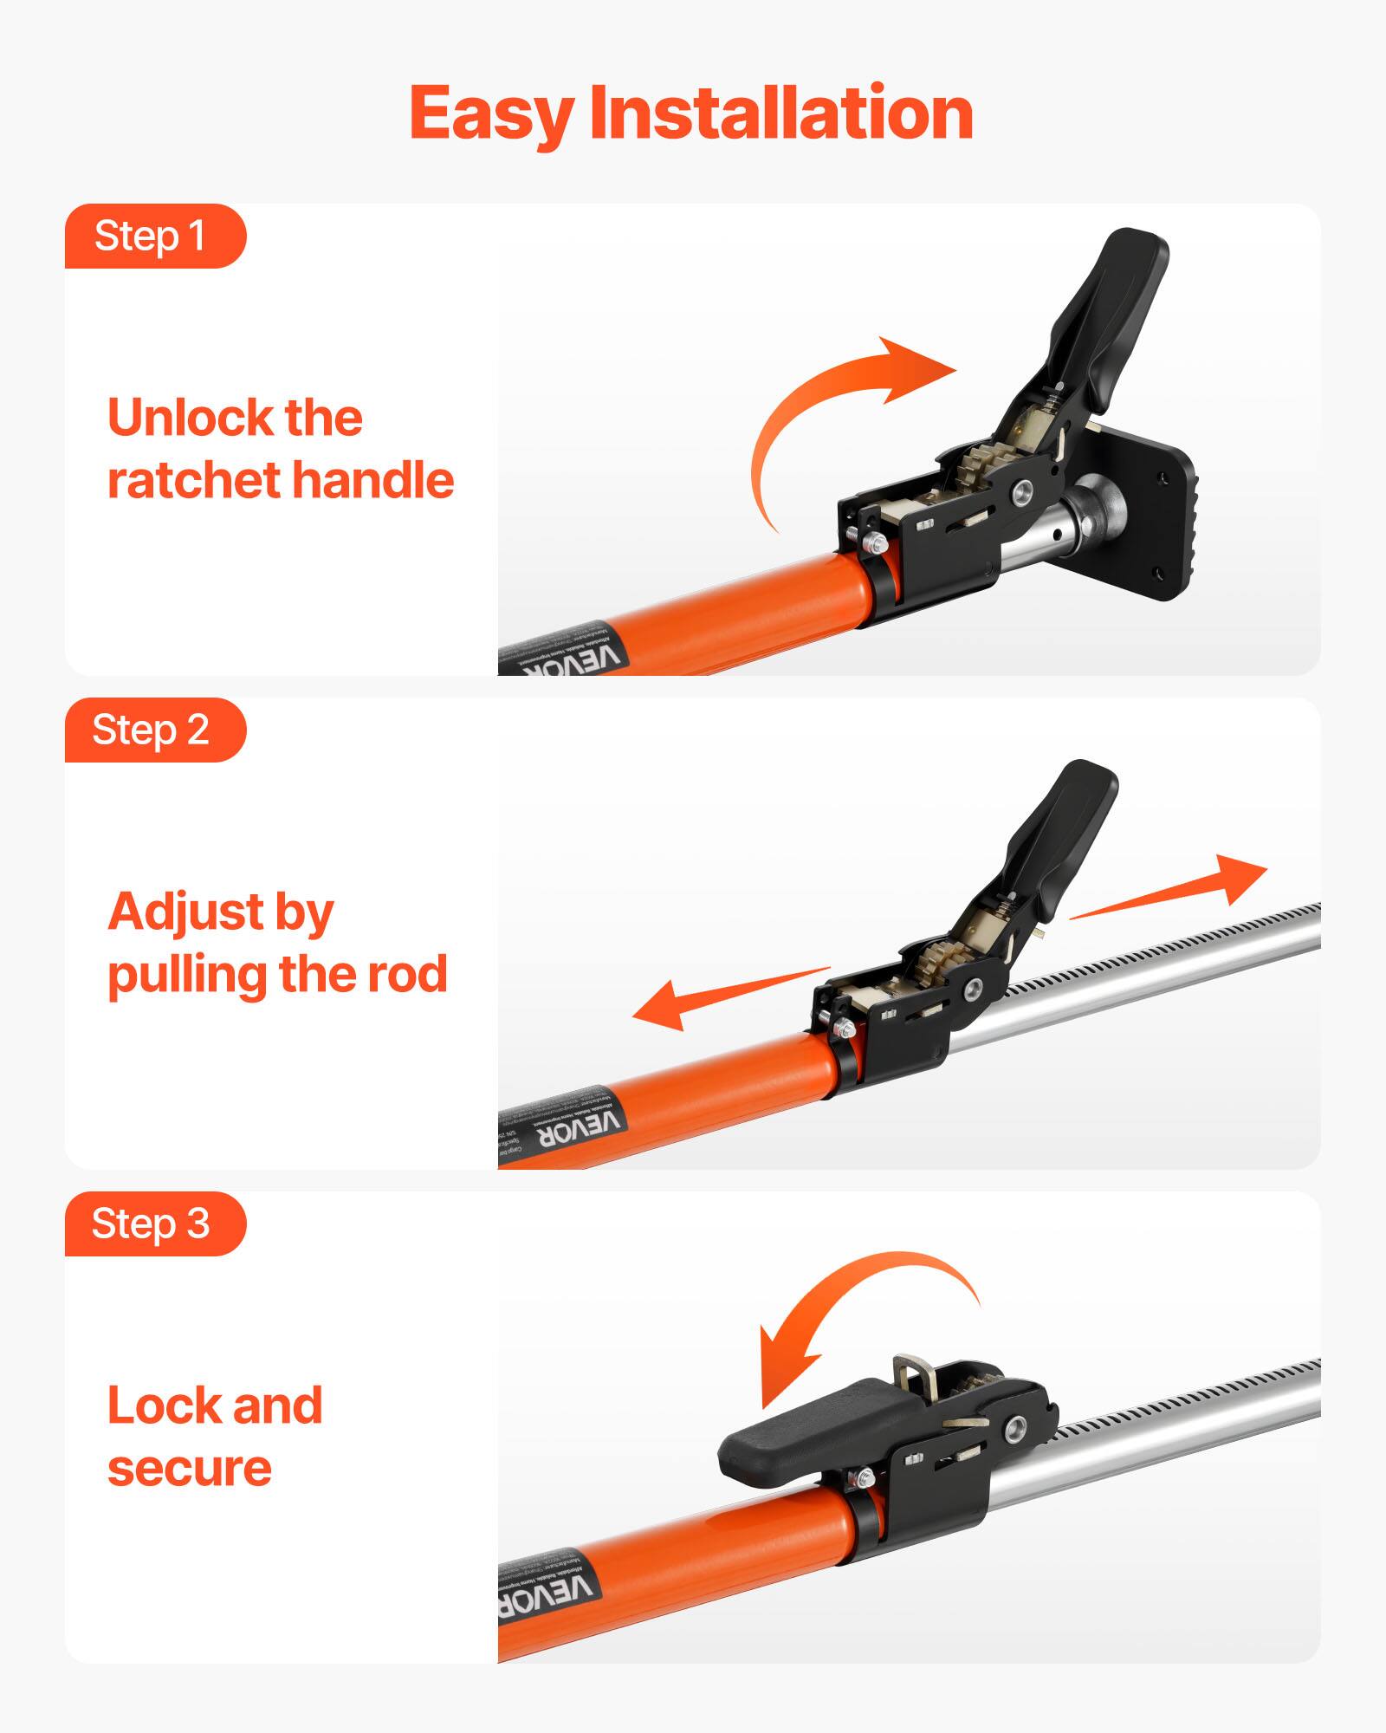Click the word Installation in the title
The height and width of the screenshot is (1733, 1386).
pyautogui.click(x=781, y=113)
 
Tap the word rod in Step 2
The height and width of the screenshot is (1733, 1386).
pyautogui.click(x=407, y=975)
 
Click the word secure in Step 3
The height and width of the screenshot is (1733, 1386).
pyautogui.click(x=190, y=1469)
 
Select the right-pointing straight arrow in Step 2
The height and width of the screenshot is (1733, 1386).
pyautogui.click(x=1178, y=888)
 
